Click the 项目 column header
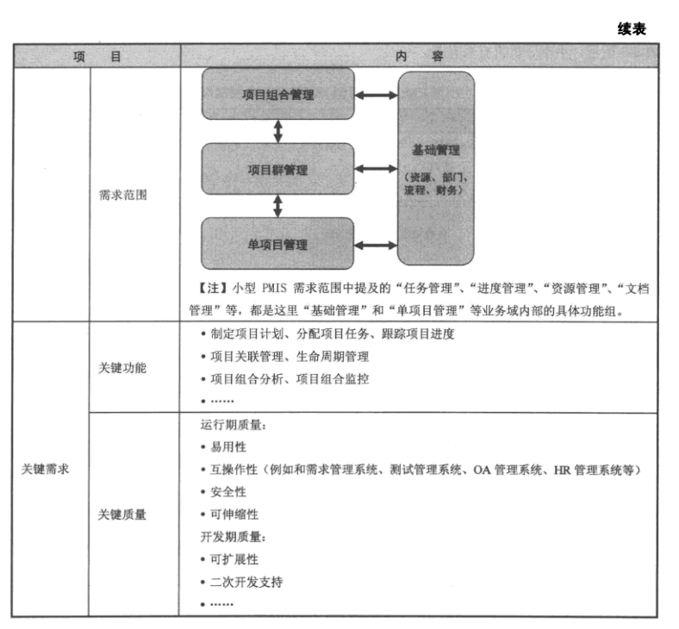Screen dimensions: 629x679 coord(96,56)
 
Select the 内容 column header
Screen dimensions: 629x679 coord(420,56)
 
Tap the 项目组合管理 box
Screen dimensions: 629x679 coord(277,95)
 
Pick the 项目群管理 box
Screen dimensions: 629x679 coord(277,170)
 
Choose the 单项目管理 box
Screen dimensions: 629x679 coord(277,245)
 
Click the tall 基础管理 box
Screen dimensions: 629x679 coord(435,168)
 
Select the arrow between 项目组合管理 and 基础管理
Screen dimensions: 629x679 coord(376,95)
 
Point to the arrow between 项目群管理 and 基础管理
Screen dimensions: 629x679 coord(376,170)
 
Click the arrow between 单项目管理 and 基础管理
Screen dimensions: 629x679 coord(376,246)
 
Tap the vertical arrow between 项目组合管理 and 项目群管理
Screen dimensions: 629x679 coord(277,131)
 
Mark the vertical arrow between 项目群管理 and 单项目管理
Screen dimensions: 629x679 coord(277,206)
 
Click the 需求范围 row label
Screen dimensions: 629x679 coord(122,195)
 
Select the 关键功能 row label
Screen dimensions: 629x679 coord(122,368)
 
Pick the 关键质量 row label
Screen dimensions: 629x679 coord(122,514)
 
